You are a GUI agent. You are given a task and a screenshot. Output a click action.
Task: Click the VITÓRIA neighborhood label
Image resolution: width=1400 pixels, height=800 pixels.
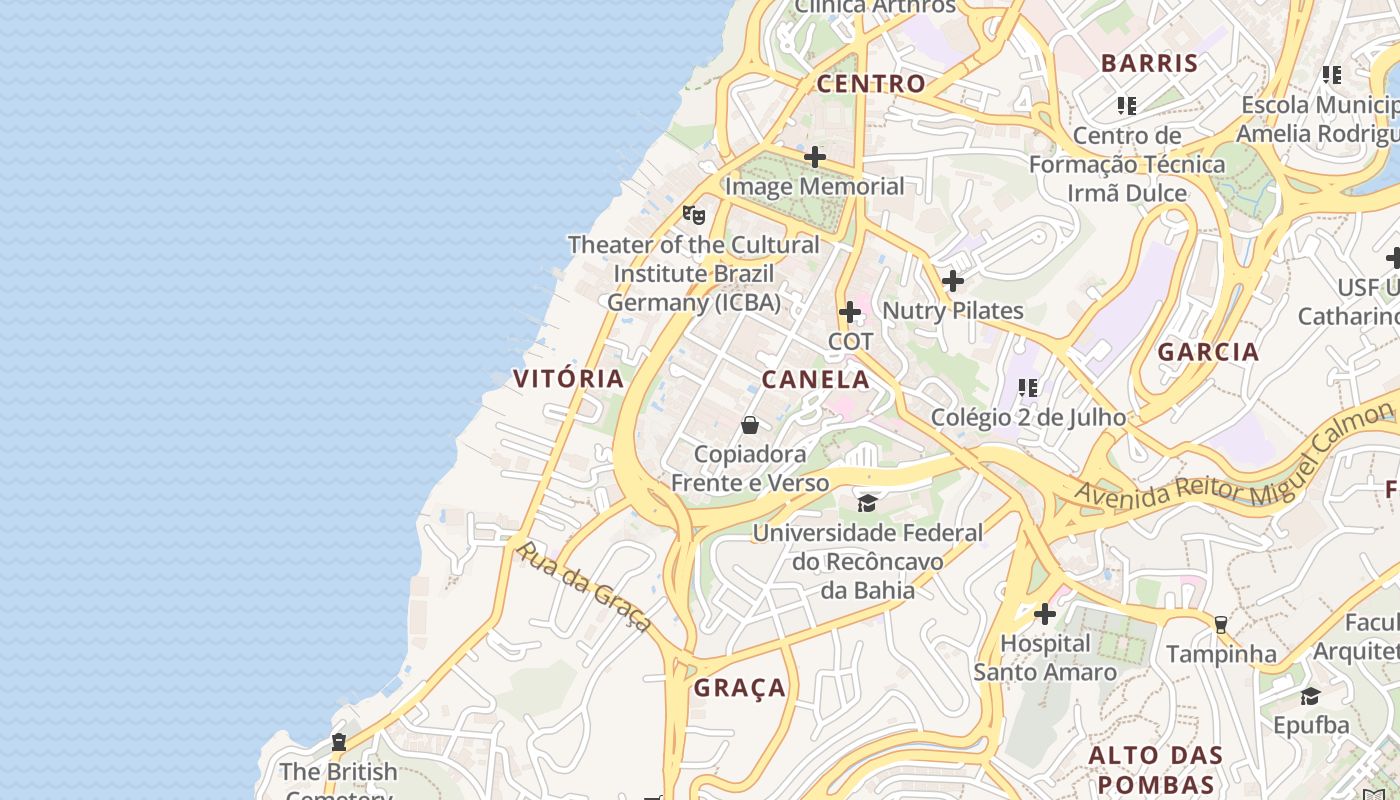point(568,378)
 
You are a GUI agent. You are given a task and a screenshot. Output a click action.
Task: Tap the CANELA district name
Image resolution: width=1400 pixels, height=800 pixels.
point(815,380)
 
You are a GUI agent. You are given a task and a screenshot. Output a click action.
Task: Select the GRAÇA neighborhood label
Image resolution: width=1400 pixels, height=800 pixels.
point(740,688)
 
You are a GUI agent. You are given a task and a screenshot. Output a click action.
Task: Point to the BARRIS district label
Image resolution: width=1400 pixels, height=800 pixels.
point(1149,63)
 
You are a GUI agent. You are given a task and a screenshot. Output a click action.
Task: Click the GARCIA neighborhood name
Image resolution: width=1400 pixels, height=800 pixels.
point(1208,352)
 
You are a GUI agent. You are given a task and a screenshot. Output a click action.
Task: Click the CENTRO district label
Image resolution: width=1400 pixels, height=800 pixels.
point(871,84)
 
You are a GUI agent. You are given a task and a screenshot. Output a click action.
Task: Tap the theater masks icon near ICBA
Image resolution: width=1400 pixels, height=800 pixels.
point(694,214)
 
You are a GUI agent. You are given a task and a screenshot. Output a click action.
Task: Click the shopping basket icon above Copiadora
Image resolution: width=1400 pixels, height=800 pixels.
point(750,426)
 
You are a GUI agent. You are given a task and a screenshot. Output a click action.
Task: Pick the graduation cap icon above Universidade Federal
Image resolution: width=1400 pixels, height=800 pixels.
point(867,503)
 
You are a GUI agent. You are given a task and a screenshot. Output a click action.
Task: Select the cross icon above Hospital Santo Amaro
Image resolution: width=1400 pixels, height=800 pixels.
point(1045,613)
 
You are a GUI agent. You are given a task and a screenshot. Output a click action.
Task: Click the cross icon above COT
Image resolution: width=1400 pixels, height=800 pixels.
point(850,312)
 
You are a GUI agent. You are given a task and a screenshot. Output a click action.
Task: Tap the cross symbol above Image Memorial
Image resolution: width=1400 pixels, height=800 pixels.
point(815,157)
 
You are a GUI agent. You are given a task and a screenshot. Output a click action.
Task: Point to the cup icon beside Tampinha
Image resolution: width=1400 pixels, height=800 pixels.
point(1220,625)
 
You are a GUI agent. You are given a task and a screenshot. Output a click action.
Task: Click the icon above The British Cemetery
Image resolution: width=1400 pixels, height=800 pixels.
point(339,742)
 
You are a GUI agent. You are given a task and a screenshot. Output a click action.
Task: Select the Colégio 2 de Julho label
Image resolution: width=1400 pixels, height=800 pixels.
point(1028,417)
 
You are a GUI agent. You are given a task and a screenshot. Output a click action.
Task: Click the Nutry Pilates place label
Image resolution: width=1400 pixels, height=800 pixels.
point(952,311)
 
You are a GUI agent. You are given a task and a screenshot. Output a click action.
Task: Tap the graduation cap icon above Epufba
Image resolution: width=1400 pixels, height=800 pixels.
point(1310,696)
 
